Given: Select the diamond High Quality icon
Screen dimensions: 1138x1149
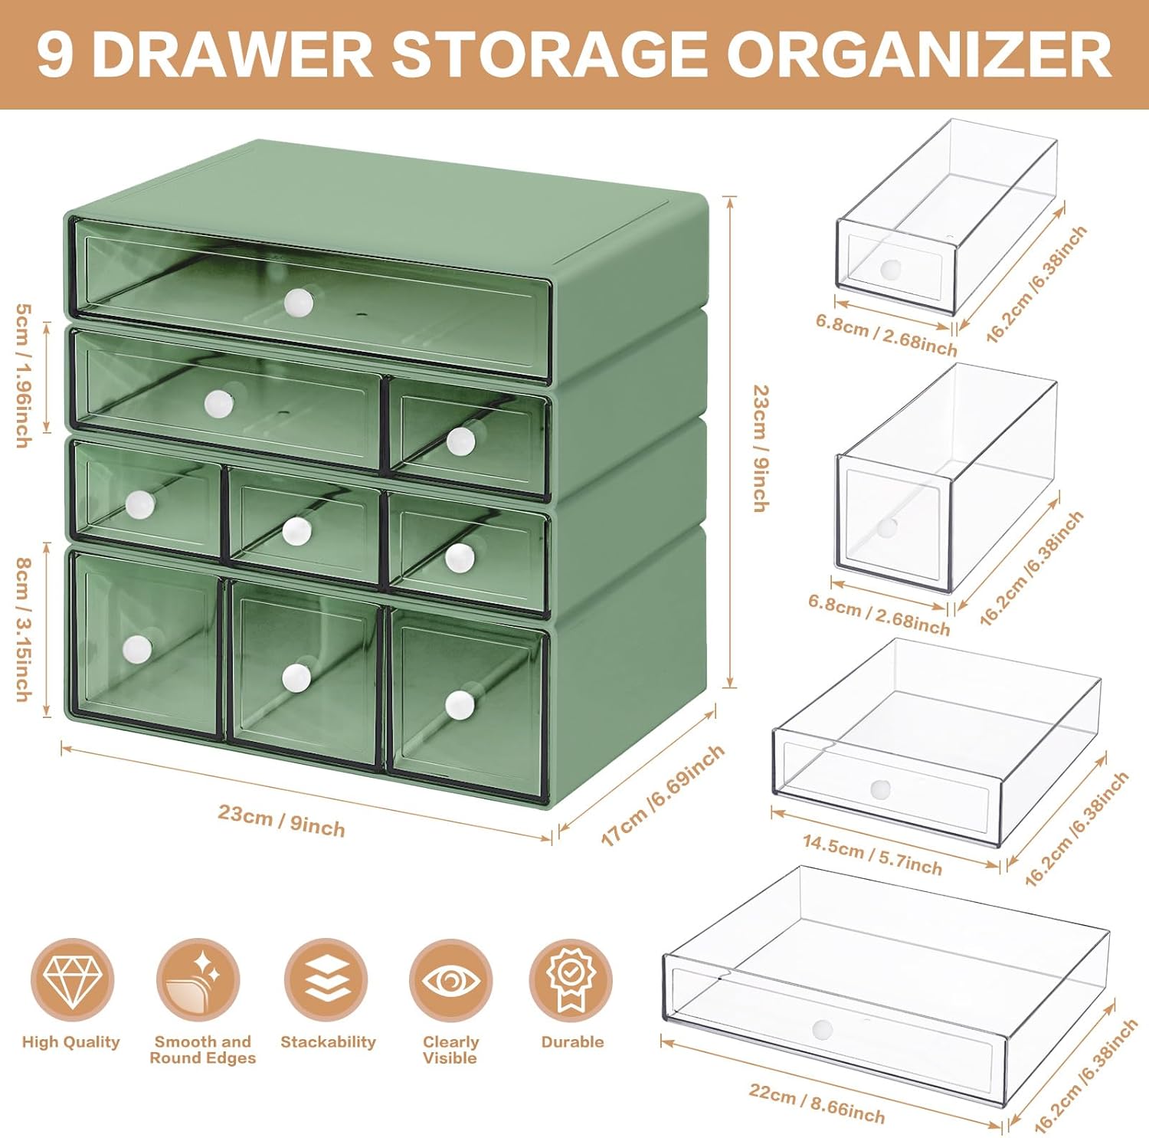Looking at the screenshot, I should click(72, 980).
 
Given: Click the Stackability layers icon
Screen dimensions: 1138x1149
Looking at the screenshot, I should click(326, 980).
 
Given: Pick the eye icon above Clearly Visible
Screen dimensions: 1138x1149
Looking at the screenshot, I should click(450, 980).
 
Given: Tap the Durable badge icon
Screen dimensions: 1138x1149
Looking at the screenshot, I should click(571, 980).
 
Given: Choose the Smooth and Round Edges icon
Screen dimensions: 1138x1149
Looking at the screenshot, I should click(198, 980).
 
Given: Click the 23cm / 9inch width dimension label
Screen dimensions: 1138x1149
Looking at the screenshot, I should click(281, 820).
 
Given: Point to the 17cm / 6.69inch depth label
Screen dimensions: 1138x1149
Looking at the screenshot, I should click(662, 795).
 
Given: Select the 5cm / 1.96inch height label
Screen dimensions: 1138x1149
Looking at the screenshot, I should click(24, 376).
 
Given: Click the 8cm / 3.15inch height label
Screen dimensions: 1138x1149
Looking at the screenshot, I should click(24, 629).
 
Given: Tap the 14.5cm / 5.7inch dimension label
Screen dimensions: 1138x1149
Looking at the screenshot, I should click(872, 854).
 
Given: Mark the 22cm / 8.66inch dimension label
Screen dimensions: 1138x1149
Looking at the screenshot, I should click(817, 1103).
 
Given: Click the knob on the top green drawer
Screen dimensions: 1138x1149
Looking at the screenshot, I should click(299, 302).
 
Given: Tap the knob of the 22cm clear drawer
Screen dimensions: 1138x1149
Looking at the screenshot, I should click(822, 1029).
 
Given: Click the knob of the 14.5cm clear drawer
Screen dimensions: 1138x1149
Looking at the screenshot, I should click(881, 789).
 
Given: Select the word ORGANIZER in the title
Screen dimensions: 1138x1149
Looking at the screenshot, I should click(918, 55).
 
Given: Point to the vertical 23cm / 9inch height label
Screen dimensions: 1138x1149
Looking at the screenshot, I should click(761, 448).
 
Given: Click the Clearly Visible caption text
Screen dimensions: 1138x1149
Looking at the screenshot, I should click(450, 1050).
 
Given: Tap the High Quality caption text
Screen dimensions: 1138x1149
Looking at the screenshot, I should click(71, 1042).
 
